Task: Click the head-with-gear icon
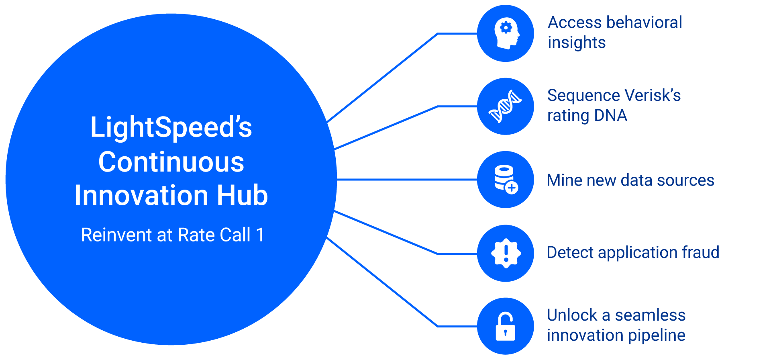pyautogui.click(x=507, y=33)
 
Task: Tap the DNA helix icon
pyautogui.click(x=505, y=106)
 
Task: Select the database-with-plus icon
pyautogui.click(x=506, y=179)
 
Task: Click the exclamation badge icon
pyautogui.click(x=506, y=253)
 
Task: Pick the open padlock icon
pyautogui.click(x=505, y=326)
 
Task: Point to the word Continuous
pyautogui.click(x=171, y=162)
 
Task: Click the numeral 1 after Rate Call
pyautogui.click(x=260, y=235)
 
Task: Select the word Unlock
pyautogui.click(x=572, y=315)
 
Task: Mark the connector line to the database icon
pyautogui.click(x=407, y=180)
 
